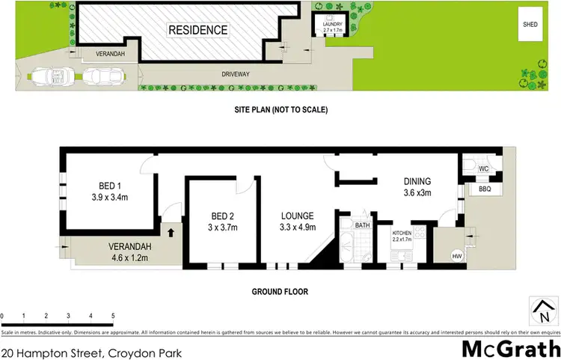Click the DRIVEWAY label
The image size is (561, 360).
pyautogui.click(x=236, y=74)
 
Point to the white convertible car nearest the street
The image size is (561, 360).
pyautogui.click(x=49, y=76)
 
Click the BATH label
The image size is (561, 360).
pyautogui.click(x=362, y=225)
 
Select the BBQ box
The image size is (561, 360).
pyautogui.click(x=483, y=191)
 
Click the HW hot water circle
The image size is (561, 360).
pyautogui.click(x=456, y=256)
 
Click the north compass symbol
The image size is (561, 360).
pyautogui.click(x=543, y=308)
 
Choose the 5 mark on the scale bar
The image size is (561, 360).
pyautogui.click(x=113, y=316)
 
